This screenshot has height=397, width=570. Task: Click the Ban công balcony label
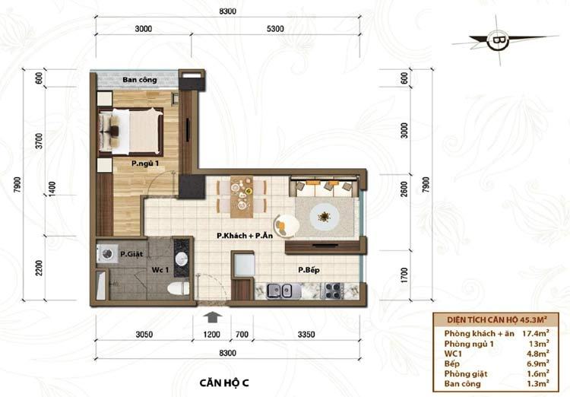tap(140, 80)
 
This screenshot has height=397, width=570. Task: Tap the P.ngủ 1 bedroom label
tap(145, 164)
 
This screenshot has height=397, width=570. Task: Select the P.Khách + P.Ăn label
tap(245, 236)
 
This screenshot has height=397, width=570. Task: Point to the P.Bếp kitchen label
tap(309, 270)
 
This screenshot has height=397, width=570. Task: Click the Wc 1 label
tap(160, 270)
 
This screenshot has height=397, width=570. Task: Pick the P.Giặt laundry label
tap(131, 254)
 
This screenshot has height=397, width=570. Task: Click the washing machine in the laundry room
tap(106, 253)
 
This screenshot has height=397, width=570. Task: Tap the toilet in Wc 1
tap(179, 288)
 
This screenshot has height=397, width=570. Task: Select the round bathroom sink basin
tap(182, 259)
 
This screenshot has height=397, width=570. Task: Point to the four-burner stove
tap(332, 291)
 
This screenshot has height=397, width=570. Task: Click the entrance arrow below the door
tap(212, 317)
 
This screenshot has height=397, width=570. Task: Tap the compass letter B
tap(498, 40)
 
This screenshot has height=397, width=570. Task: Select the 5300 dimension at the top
tap(275, 29)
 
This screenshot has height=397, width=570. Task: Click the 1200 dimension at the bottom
tap(211, 335)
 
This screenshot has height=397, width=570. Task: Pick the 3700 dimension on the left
tap(39, 141)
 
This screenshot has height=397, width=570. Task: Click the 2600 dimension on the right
tap(404, 189)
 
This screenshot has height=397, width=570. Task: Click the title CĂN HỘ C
tap(224, 383)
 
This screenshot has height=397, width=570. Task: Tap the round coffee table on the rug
tap(325, 218)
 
